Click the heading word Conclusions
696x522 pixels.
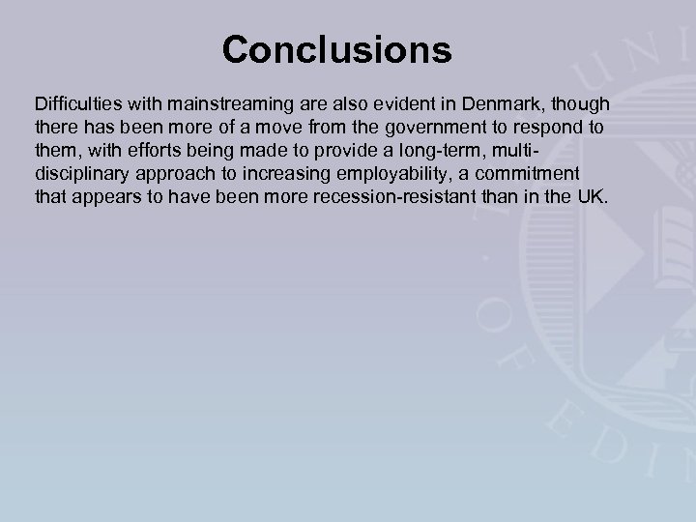click(x=336, y=50)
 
